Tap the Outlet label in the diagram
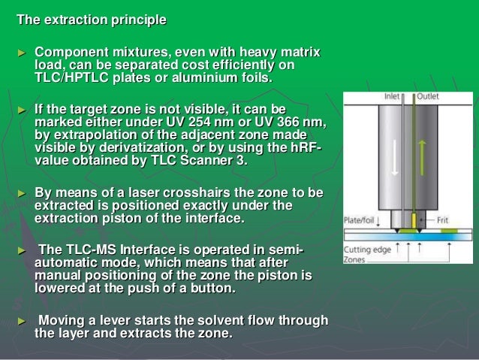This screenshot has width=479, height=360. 428,97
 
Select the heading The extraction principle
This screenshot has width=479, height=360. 92,19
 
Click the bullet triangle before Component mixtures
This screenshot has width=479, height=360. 21,53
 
